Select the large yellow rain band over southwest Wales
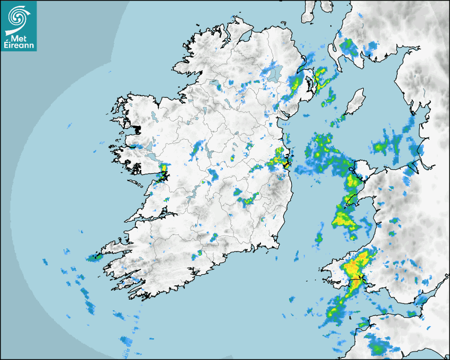[x=357, y=267]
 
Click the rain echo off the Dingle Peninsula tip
[x=95, y=258]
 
